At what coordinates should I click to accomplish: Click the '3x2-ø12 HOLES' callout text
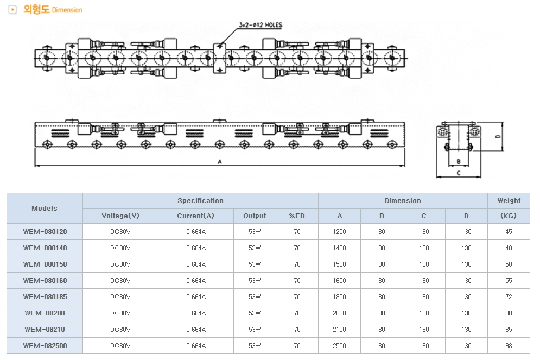(x=261, y=25)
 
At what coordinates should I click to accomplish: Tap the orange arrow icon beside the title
(x=12, y=10)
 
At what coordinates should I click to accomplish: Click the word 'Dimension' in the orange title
(x=67, y=10)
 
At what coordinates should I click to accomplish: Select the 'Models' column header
(x=45, y=208)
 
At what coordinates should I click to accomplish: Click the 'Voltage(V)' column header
(x=120, y=216)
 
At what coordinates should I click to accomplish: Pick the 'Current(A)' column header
(x=195, y=216)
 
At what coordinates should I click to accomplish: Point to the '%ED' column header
(x=297, y=216)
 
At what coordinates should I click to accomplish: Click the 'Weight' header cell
(x=509, y=200)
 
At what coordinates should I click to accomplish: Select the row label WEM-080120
(x=45, y=231)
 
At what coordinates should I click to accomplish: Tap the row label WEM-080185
(x=45, y=296)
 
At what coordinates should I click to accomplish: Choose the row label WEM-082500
(x=45, y=345)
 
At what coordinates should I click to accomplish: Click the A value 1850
(x=339, y=296)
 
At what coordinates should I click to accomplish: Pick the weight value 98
(x=509, y=345)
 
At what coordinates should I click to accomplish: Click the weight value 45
(x=509, y=231)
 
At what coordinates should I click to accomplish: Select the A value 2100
(x=339, y=330)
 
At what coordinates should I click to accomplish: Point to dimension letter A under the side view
(x=220, y=162)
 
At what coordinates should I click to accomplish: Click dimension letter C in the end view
(x=459, y=173)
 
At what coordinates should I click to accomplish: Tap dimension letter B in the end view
(x=459, y=161)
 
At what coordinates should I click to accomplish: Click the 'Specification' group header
(x=200, y=200)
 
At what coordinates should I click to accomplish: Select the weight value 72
(x=509, y=296)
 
